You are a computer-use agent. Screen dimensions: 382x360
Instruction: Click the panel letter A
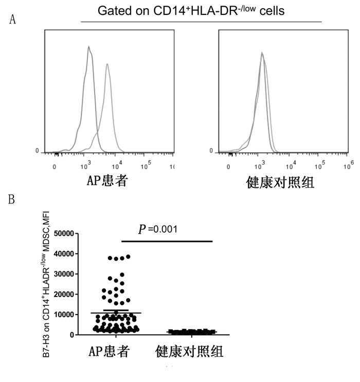13,20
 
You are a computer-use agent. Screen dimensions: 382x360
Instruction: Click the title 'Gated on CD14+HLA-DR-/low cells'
201,10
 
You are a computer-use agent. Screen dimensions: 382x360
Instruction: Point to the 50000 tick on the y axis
62,234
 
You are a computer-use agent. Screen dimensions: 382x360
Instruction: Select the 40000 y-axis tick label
62,254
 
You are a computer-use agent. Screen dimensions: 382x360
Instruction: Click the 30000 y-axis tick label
62,274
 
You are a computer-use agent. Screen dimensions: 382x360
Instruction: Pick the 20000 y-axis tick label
62,294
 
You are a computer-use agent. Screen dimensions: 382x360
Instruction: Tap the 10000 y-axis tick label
62,315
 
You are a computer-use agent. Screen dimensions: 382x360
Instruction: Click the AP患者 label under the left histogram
106,181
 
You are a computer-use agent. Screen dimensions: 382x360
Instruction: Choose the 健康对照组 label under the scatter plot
189,352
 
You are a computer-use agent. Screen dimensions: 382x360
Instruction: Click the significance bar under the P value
167,241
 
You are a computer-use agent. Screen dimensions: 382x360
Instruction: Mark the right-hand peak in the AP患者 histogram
107,64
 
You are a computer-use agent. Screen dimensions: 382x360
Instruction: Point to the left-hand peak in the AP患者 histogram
89,47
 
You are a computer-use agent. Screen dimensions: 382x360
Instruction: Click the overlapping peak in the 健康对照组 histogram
262,53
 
